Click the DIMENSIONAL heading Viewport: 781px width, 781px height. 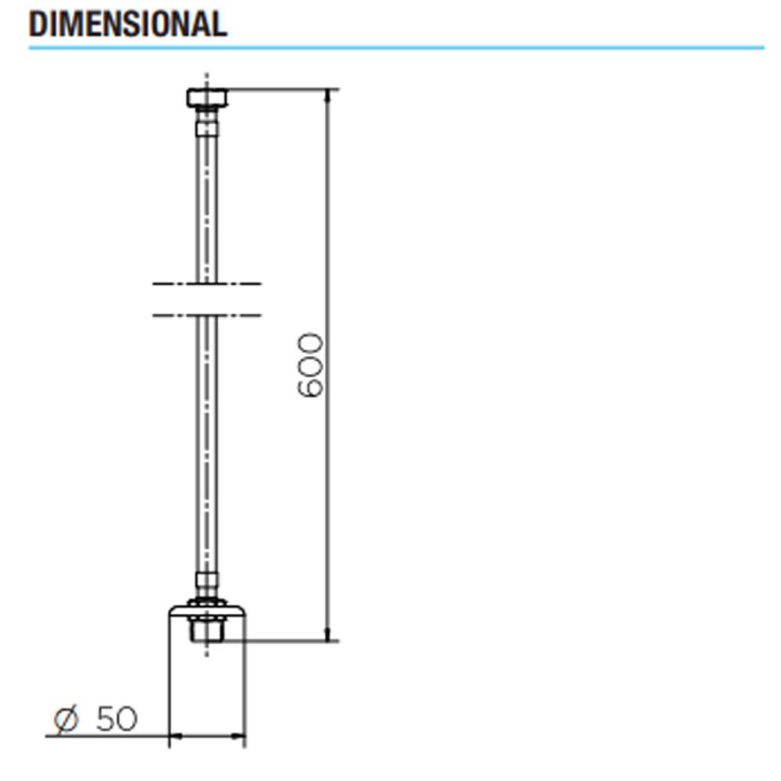pos(128,24)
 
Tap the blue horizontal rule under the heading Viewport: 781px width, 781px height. pos(397,48)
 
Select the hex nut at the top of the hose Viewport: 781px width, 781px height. pos(207,98)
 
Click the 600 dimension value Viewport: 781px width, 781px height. pos(310,365)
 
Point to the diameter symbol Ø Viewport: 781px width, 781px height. pos(66,719)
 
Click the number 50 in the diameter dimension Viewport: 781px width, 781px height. pos(116,719)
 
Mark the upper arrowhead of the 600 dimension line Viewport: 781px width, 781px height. pos(327,96)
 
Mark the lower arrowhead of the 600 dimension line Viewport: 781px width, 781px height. pos(327,634)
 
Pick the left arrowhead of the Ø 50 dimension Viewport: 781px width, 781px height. pos(176,736)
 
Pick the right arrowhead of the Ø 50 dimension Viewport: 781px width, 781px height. pos(238,736)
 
